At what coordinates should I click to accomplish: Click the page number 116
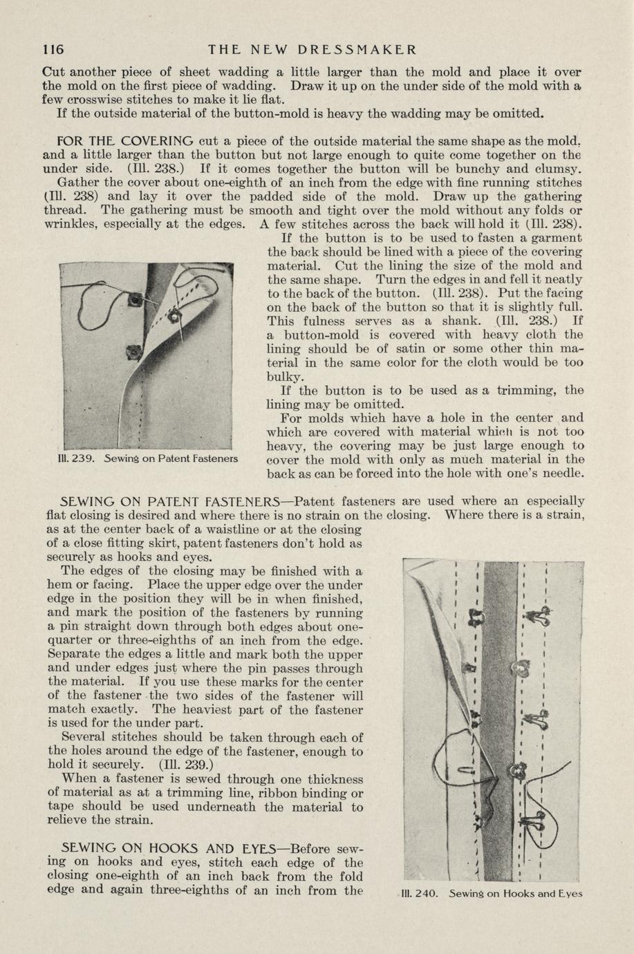click(53, 50)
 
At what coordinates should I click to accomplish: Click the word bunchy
click(512, 169)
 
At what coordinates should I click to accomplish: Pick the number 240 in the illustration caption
click(426, 893)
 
